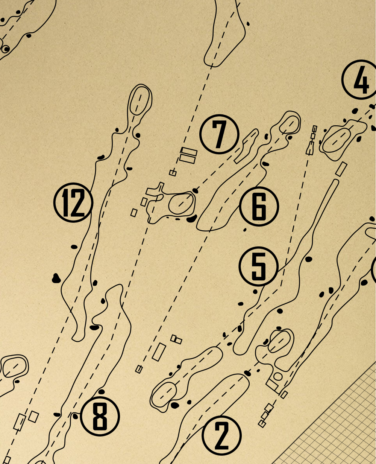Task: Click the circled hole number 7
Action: coord(219,134)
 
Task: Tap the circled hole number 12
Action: coord(73,202)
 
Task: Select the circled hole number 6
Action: coord(259,206)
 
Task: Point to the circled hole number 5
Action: coord(259,266)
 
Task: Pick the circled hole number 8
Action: coord(100,416)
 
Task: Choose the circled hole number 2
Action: coord(222,435)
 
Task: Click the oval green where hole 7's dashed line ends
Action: coord(181,204)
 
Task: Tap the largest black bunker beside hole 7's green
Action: coord(192,218)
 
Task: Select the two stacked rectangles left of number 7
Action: coord(188,155)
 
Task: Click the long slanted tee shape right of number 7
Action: coord(247,146)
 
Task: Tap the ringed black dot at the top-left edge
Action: coord(5,49)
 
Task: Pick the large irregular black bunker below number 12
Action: coord(56,278)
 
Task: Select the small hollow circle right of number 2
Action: coord(277,376)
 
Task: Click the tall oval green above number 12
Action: coord(140,100)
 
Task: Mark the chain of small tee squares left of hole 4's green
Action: coord(312,140)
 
